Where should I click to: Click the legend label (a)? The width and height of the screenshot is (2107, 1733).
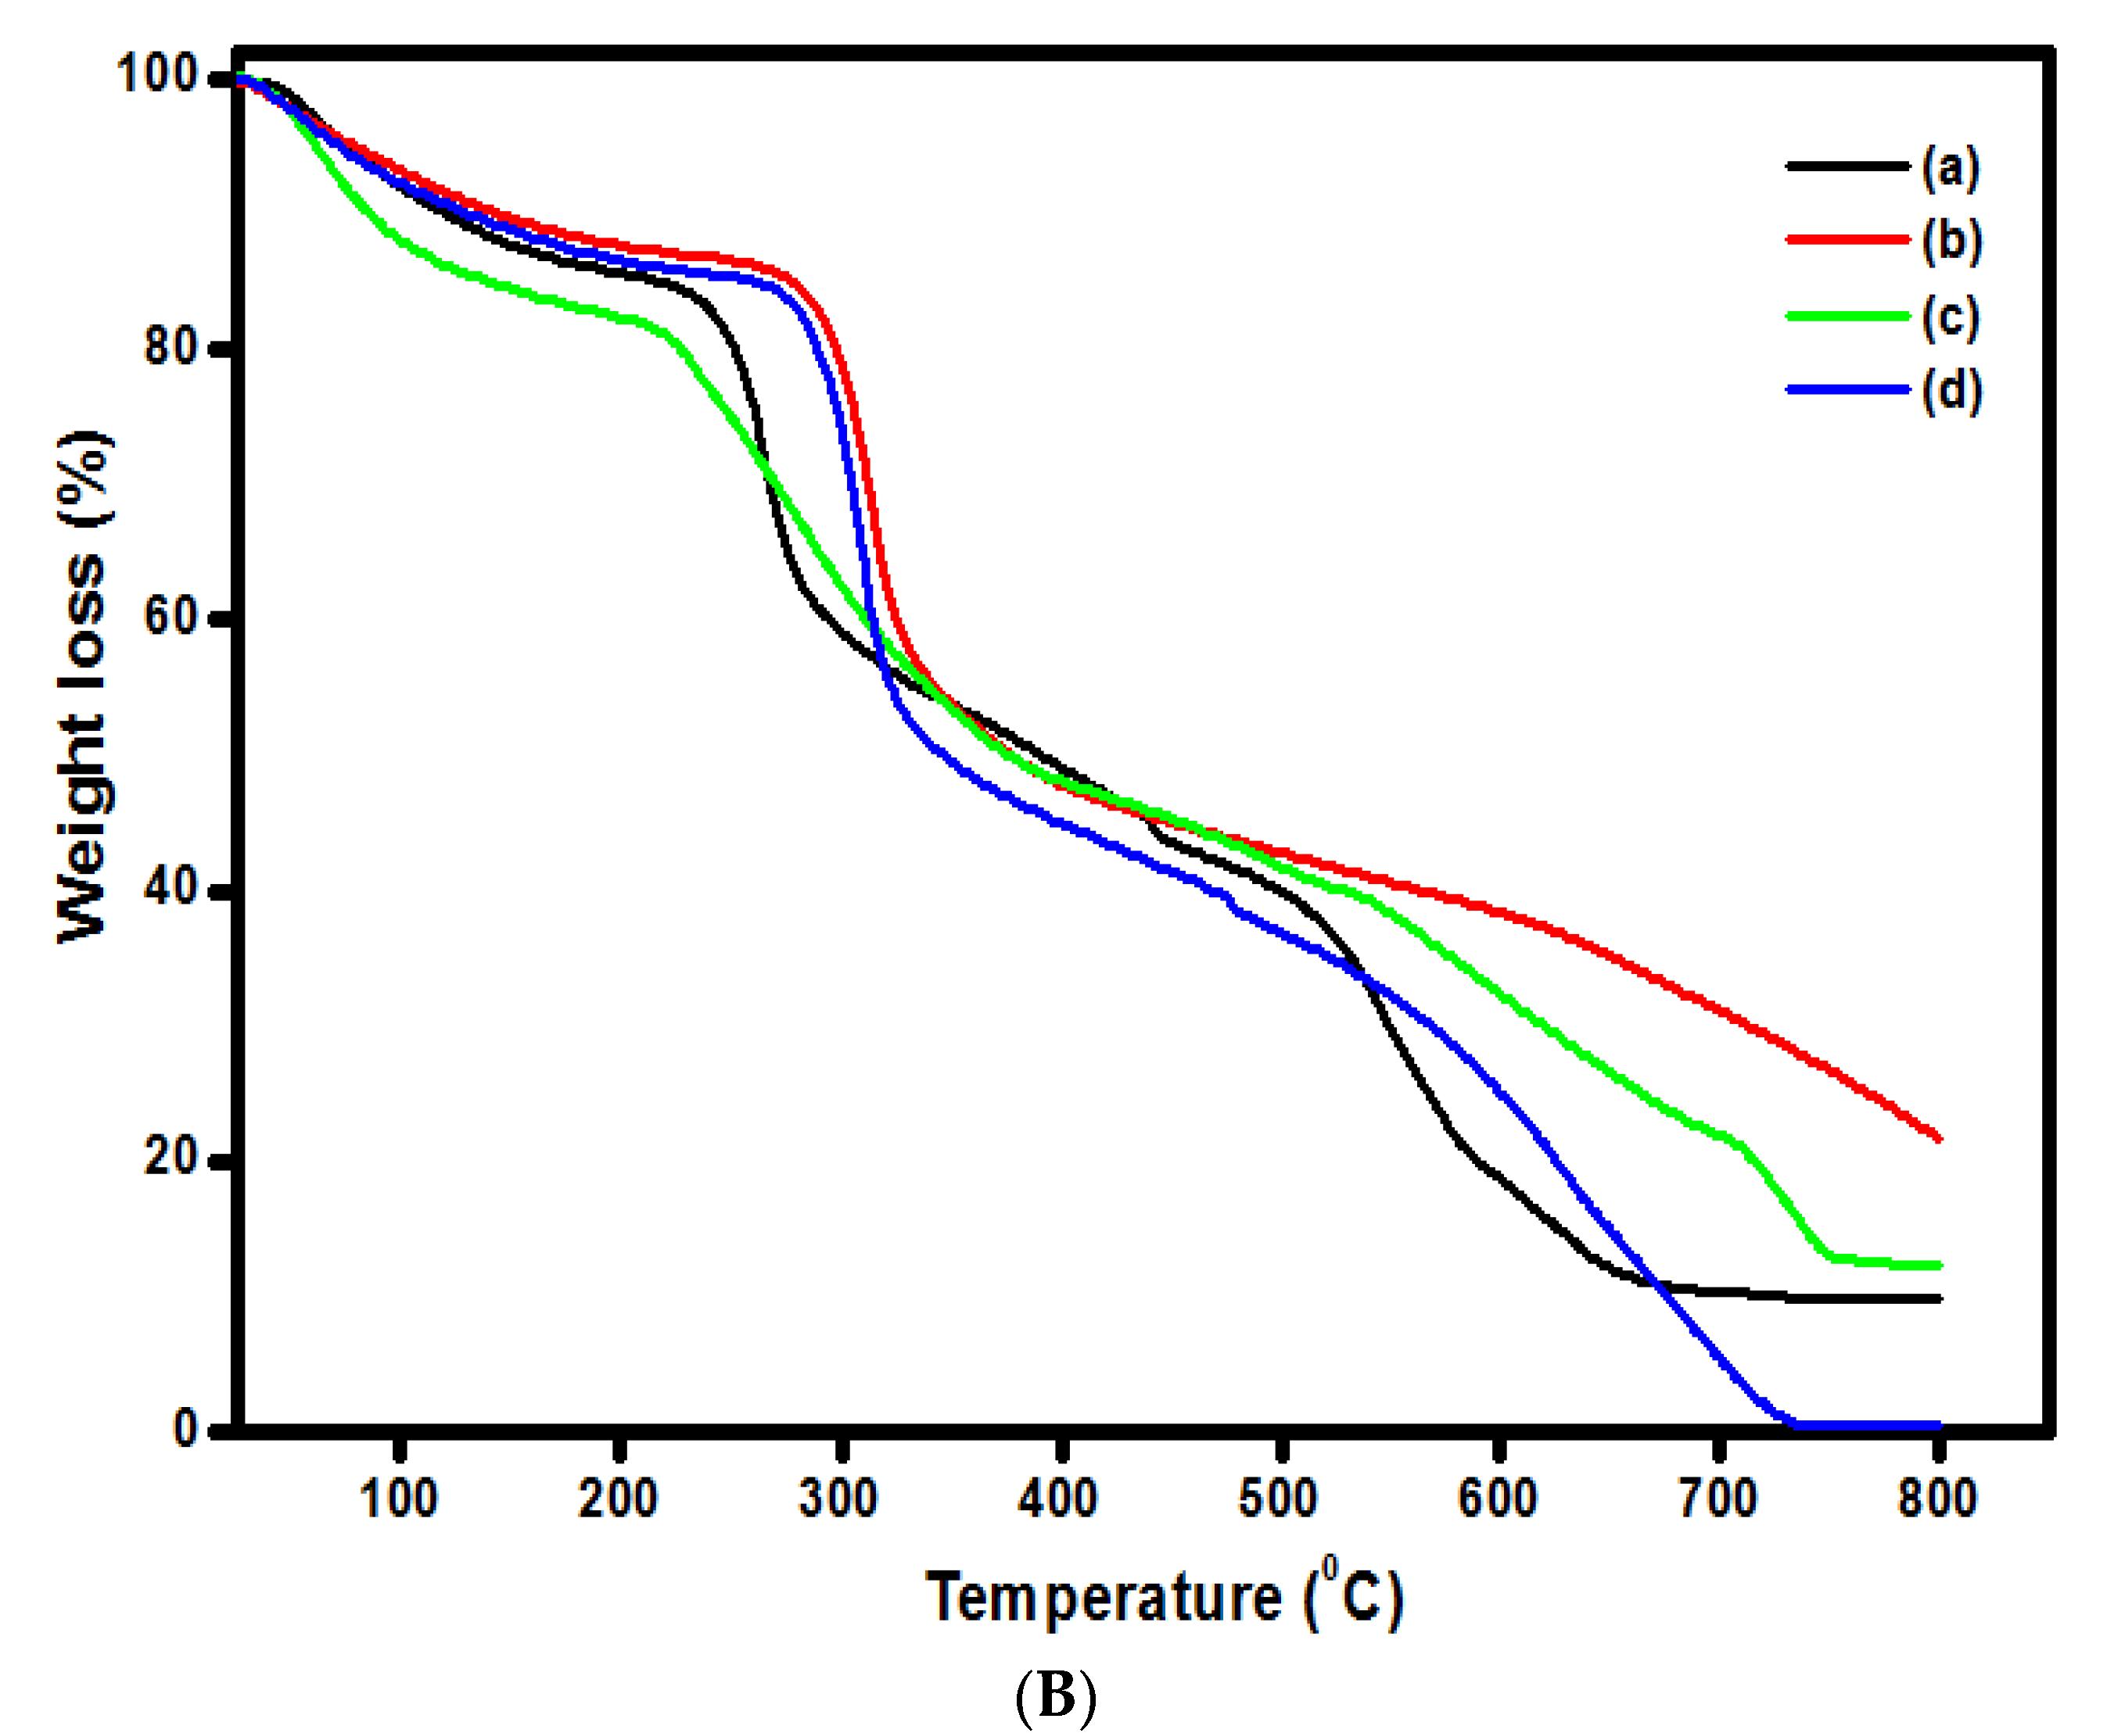click(x=1951, y=168)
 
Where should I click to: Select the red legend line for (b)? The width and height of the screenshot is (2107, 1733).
click(x=1847, y=239)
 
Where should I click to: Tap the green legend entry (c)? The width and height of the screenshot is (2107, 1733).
click(x=1847, y=316)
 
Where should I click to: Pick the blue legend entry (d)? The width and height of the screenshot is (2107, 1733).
click(x=1847, y=389)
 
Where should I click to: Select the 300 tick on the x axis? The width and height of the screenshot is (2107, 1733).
click(x=838, y=1498)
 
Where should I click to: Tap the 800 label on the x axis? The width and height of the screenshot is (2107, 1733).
click(x=1937, y=1498)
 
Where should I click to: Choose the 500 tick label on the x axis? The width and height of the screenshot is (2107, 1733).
click(x=1277, y=1498)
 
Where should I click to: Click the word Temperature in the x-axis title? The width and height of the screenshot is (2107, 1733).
click(x=1104, y=1597)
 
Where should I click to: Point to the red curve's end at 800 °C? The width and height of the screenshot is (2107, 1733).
click(x=1937, y=1138)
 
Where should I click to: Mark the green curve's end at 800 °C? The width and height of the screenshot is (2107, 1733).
click(x=1937, y=1265)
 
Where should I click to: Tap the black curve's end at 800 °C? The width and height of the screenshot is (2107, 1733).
click(x=1937, y=1298)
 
